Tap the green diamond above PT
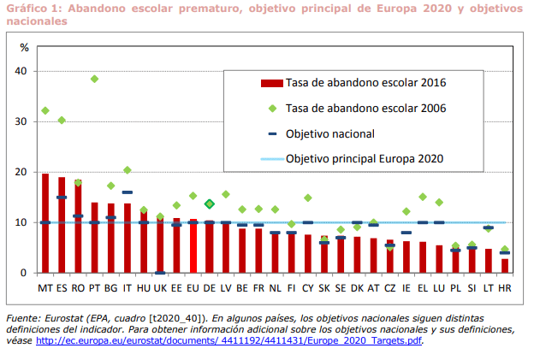click(x=94, y=79)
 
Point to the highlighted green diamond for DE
click(x=210, y=204)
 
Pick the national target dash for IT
click(x=128, y=192)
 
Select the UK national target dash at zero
click(x=160, y=273)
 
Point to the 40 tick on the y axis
click(x=21, y=71)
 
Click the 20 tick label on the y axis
click(x=21, y=172)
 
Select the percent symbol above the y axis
click(x=24, y=47)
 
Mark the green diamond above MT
click(x=45, y=110)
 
